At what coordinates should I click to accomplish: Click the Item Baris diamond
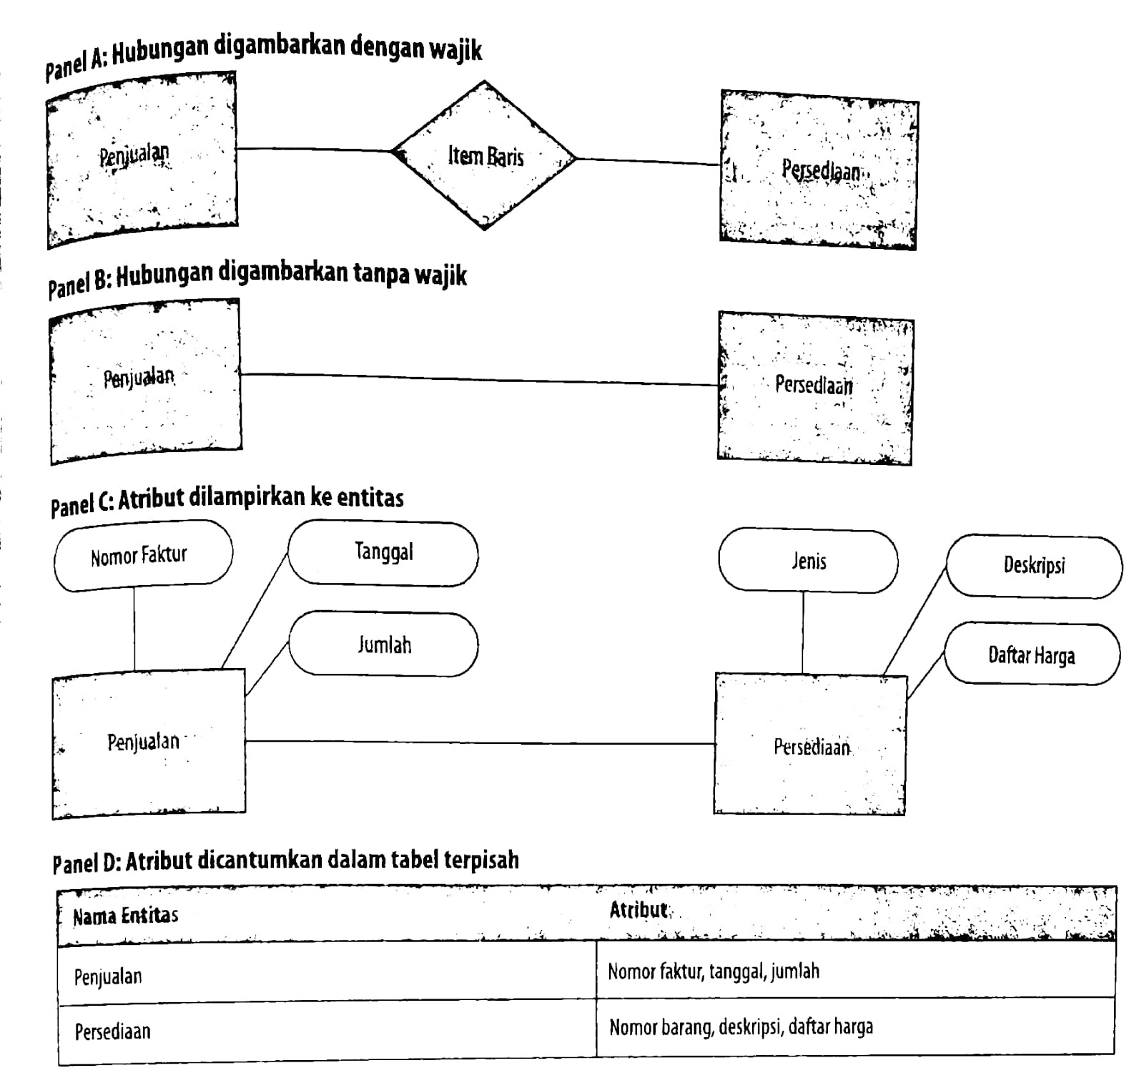(x=485, y=156)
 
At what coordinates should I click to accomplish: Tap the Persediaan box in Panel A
(x=819, y=170)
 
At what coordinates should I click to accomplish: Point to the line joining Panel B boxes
(x=479, y=379)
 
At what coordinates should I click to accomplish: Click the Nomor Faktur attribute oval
(x=142, y=556)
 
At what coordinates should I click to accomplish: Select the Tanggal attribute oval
(x=383, y=554)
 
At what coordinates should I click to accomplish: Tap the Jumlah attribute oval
(x=383, y=645)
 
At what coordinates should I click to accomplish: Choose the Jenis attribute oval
(x=808, y=562)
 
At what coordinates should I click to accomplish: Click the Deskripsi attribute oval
(x=1033, y=567)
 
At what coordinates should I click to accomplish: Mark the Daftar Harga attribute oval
(x=1031, y=655)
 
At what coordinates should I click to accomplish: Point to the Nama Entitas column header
(x=126, y=916)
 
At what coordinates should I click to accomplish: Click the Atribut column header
(x=638, y=910)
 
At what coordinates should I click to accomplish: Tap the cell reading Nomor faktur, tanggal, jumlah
(x=714, y=971)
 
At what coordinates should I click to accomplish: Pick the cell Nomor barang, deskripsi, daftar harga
(x=741, y=1028)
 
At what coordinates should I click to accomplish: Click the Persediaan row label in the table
(x=113, y=1032)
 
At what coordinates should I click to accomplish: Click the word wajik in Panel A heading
(x=455, y=49)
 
